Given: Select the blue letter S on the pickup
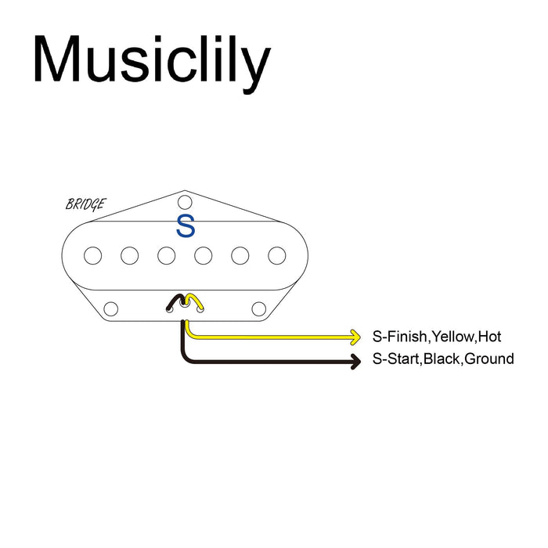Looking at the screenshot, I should pyautogui.click(x=186, y=226).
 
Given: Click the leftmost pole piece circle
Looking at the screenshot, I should pyautogui.click(x=93, y=255).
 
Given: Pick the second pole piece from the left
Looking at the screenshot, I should pyautogui.click(x=130, y=255).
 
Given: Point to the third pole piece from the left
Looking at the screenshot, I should pyautogui.click(x=166, y=255).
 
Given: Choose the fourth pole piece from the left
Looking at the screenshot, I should pyautogui.click(x=204, y=255).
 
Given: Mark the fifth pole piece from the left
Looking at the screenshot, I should pyautogui.click(x=240, y=255).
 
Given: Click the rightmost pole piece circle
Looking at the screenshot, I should pyautogui.click(x=276, y=255).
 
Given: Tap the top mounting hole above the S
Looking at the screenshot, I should pyautogui.click(x=185, y=201).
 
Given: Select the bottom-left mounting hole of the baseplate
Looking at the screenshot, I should pyautogui.click(x=111, y=308).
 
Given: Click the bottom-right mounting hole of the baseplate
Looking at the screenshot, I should pyautogui.click(x=258, y=308).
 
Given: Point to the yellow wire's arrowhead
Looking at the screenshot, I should pyautogui.click(x=355, y=337).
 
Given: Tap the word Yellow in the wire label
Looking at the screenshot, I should pyautogui.click(x=452, y=337).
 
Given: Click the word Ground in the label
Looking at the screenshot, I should pyautogui.click(x=489, y=359).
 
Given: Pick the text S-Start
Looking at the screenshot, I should pyautogui.click(x=395, y=359).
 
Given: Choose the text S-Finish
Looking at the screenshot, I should pyautogui.click(x=399, y=337).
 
